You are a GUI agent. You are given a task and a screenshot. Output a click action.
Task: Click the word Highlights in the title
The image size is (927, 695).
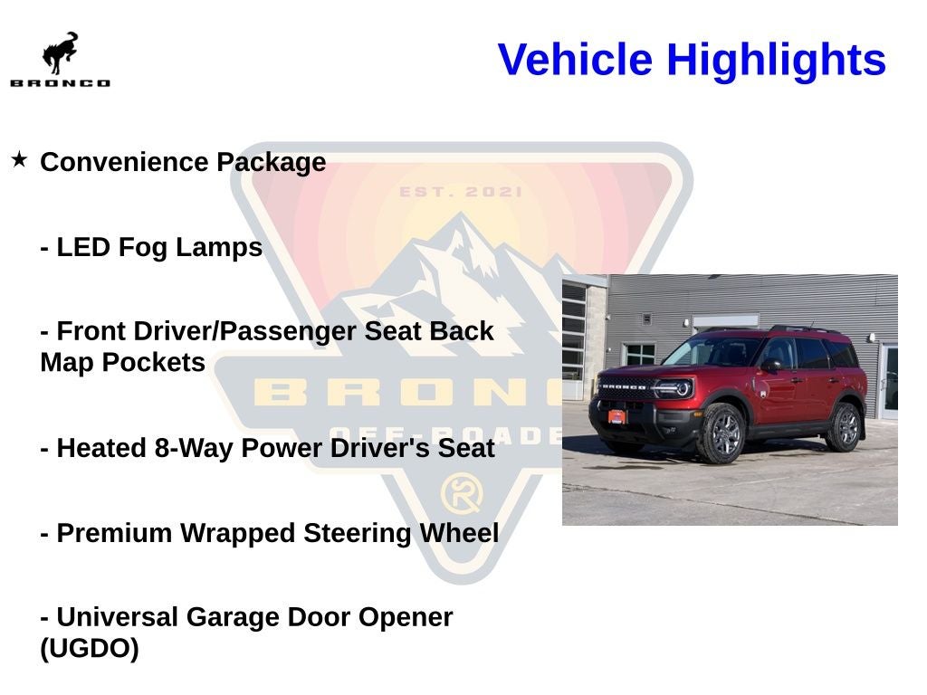tap(776, 60)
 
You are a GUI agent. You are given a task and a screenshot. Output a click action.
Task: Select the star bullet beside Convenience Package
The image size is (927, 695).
tap(19, 160)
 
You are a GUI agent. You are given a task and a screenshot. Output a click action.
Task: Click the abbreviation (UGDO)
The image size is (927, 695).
tap(90, 649)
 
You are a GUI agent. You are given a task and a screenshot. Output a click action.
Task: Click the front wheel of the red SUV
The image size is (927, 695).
tap(722, 433)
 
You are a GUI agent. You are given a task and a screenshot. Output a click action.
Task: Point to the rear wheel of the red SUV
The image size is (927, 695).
tap(845, 426)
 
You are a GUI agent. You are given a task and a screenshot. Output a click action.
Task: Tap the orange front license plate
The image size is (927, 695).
tap(616, 416)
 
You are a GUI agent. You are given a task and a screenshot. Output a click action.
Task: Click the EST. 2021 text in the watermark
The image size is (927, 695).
tap(462, 192)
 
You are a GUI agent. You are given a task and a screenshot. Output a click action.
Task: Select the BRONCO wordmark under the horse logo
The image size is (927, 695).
tap(61, 83)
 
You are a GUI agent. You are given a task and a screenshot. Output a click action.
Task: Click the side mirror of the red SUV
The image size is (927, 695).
tap(770, 365)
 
